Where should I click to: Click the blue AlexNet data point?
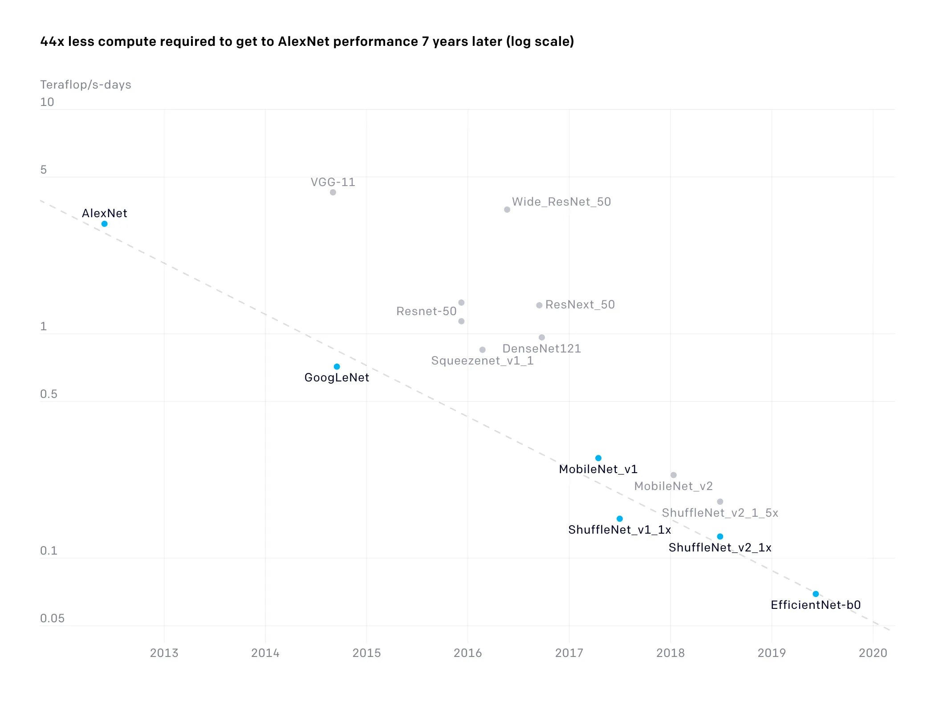click(104, 224)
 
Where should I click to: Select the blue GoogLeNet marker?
click(337, 367)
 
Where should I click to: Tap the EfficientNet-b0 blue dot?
click(816, 594)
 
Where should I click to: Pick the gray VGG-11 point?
click(333, 192)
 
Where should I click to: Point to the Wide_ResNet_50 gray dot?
click(507, 210)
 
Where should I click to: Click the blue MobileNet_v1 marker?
click(598, 458)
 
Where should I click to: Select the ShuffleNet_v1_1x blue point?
click(619, 519)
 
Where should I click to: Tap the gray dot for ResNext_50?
click(539, 305)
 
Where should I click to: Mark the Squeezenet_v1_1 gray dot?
click(482, 350)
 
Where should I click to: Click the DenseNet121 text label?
click(541, 348)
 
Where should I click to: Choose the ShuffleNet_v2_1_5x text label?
click(720, 513)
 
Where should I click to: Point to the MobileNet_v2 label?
click(673, 486)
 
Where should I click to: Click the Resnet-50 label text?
click(426, 311)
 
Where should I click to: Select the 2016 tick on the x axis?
click(467, 653)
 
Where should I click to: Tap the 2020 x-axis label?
click(873, 653)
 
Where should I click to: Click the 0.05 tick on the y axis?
click(52, 618)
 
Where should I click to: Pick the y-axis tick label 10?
click(47, 102)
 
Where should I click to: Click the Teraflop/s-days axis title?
click(85, 85)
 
